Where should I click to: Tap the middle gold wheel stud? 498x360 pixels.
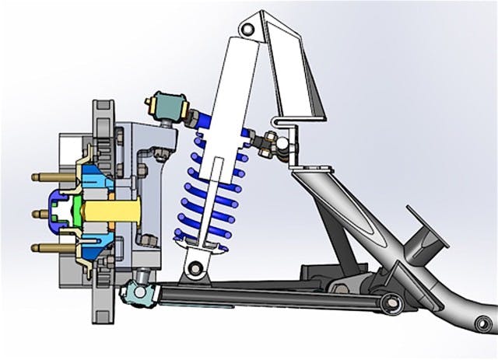pos(44,212)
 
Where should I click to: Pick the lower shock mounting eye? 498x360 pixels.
pos(197,268)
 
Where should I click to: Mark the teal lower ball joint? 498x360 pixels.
pos(136,292)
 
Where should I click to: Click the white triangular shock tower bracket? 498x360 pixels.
pos(300,78)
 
